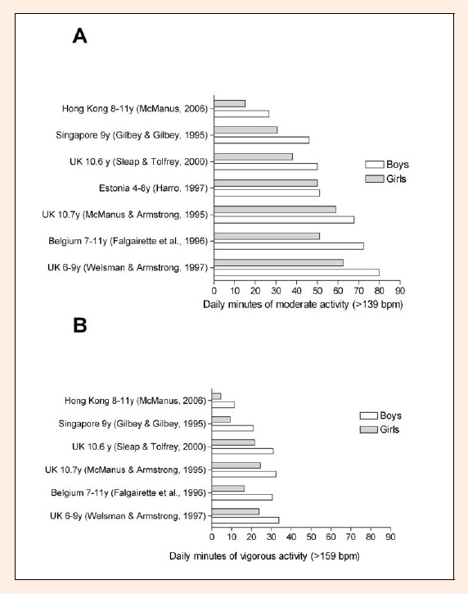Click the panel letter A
point(80,36)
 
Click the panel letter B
point(80,325)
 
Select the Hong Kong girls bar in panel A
point(230,103)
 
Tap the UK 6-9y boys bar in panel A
point(297,272)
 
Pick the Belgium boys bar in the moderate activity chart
point(289,247)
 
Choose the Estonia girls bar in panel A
point(266,183)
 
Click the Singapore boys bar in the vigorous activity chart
point(232,428)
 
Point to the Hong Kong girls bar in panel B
point(216,397)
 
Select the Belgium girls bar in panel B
point(228,488)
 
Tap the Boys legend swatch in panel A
point(375,165)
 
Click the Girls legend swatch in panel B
point(368,429)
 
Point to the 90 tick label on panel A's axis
point(400,291)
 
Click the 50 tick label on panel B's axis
point(311,537)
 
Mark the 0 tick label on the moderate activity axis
point(214,291)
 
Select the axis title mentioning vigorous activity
point(264,556)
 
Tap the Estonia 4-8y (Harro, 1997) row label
point(153,188)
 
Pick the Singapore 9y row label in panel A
point(132,135)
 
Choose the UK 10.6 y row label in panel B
point(139,447)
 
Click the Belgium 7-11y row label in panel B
point(128,493)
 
